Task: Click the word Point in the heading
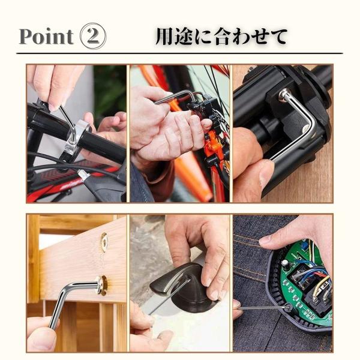[46, 37]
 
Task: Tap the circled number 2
[93, 36]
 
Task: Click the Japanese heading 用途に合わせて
[221, 36]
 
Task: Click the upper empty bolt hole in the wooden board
[104, 242]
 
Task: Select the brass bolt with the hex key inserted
[102, 285]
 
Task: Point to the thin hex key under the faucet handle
[170, 296]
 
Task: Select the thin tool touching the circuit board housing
[264, 307]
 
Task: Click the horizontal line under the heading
[179, 53]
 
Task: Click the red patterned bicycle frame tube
[69, 179]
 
